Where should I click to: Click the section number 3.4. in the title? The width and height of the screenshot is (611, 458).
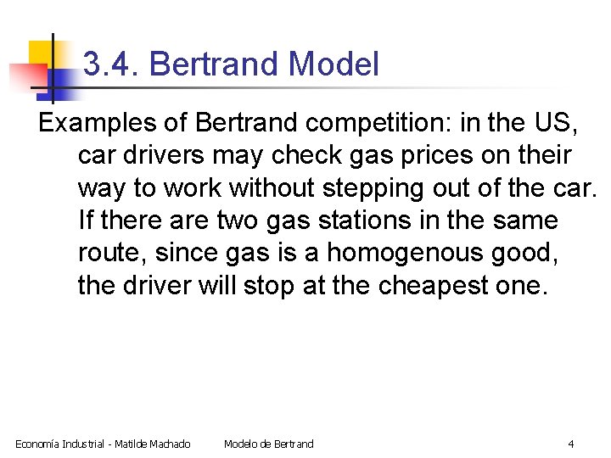(109, 64)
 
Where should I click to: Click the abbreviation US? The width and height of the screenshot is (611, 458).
(558, 123)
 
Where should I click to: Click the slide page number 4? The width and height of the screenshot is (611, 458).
(571, 444)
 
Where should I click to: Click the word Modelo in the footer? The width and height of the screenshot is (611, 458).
(242, 444)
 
